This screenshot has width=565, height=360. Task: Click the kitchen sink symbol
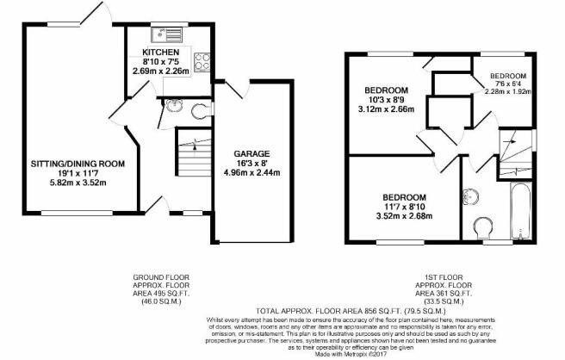[167, 34]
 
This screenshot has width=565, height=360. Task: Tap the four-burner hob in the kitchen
[202, 61]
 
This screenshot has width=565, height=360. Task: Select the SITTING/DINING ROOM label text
[78, 164]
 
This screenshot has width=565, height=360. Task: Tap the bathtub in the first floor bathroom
[521, 211]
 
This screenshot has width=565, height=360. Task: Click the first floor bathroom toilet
[484, 227]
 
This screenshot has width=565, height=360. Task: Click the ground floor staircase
[194, 152]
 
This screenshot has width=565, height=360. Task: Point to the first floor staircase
[516, 154]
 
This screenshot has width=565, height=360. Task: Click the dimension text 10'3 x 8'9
[386, 100]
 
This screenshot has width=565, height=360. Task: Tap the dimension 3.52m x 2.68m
[404, 216]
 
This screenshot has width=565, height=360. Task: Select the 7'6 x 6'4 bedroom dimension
[508, 84]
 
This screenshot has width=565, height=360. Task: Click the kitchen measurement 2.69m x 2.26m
[161, 71]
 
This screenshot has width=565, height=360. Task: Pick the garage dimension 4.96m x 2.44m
[251, 172]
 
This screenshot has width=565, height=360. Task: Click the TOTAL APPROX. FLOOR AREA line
[351, 311]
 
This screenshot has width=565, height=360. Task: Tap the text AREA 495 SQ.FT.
[161, 294]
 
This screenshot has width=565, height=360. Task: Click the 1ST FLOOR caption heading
[444, 277]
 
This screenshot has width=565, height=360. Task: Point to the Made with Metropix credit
[351, 355]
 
